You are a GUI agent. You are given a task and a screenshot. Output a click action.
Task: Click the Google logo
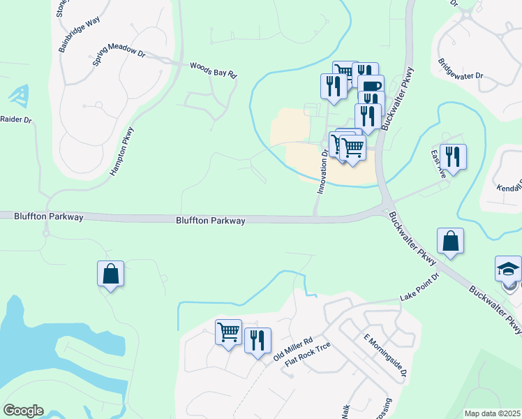coord(23,411)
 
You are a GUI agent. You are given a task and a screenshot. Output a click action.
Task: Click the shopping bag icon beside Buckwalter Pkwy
coord(451,242)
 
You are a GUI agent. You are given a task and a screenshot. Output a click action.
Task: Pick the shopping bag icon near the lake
coord(111,274)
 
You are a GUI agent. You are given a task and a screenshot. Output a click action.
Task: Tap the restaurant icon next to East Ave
coord(454,158)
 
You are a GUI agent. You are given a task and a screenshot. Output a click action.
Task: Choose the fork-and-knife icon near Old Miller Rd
coord(258,341)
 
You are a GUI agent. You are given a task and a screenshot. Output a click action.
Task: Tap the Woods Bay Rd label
coord(214,71)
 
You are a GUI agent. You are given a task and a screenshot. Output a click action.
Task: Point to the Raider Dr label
coord(15,120)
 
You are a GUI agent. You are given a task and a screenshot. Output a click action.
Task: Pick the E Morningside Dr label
coord(385,357)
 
